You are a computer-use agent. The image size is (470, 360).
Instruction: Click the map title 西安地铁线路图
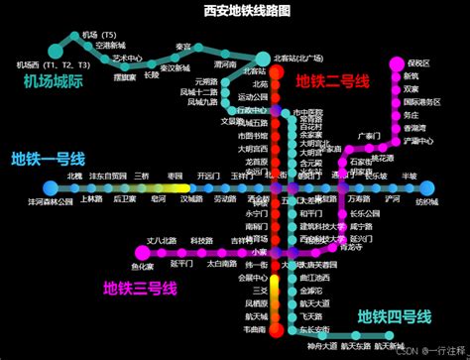(234, 10)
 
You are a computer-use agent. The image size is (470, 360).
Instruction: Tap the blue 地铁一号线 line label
(48, 160)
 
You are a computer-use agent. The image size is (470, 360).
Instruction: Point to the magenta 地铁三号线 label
(140, 289)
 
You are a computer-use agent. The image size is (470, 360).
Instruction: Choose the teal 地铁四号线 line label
(395, 316)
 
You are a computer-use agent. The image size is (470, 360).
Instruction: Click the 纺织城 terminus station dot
(427, 188)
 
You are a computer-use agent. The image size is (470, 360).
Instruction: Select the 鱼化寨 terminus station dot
(142, 254)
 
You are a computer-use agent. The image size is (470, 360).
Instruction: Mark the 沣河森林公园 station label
(51, 201)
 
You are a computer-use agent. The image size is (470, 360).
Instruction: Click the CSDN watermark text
(404, 349)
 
